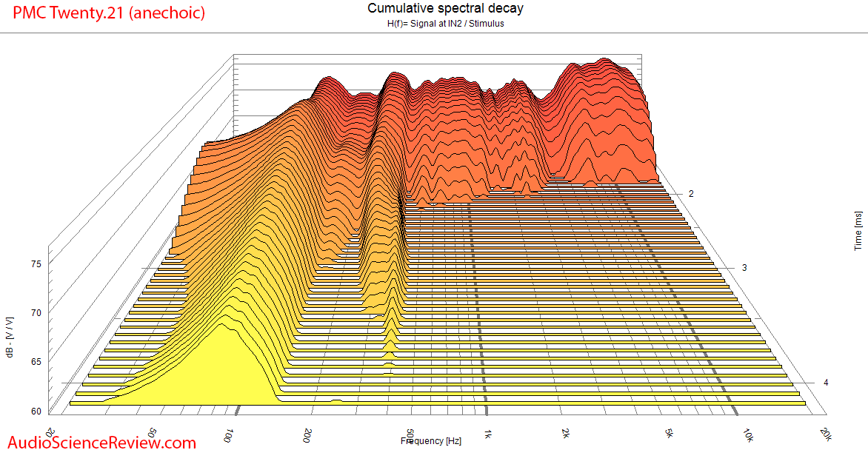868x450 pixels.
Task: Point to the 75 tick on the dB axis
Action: [35, 263]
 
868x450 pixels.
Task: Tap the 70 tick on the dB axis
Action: [35, 313]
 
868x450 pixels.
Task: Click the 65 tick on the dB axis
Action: [35, 362]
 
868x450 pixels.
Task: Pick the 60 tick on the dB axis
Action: [35, 411]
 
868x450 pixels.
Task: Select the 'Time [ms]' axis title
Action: [858, 229]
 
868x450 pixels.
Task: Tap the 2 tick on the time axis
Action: [691, 194]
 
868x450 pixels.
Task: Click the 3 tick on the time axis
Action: [744, 267]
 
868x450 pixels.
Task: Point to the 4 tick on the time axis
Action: [826, 383]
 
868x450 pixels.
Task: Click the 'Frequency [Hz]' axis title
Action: [431, 441]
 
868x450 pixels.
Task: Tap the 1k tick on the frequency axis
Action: [487, 433]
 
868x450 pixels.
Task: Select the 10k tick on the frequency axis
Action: [748, 433]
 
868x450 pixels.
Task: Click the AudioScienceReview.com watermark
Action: [99, 442]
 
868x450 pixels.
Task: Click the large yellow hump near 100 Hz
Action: [222, 370]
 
